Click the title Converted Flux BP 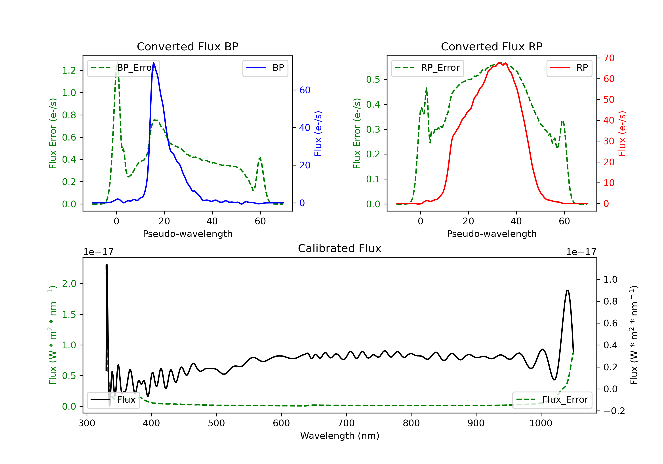(x=187, y=46)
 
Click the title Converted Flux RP (x=492, y=46)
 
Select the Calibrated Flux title (x=340, y=248)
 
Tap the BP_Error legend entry (x=123, y=68)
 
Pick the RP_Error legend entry (x=427, y=68)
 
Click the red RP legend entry (x=569, y=68)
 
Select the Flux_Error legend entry (x=552, y=400)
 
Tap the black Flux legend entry (x=114, y=400)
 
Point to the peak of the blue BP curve (x=154, y=63)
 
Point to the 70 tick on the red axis (x=609, y=58)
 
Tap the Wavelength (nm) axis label (x=340, y=436)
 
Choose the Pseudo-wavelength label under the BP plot (x=187, y=234)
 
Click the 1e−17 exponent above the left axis (x=98, y=252)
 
